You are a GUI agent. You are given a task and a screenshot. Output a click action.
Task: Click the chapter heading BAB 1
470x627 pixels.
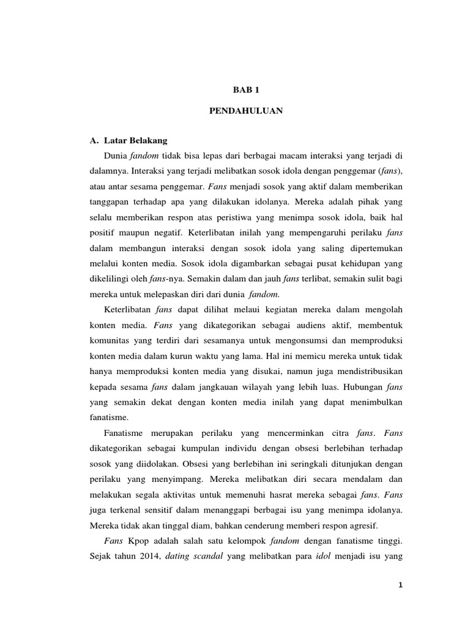pos(247,89)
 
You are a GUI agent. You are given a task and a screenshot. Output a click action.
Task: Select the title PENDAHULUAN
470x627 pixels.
pos(247,113)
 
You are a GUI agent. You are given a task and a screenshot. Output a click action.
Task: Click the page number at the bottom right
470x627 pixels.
pos(400,585)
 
